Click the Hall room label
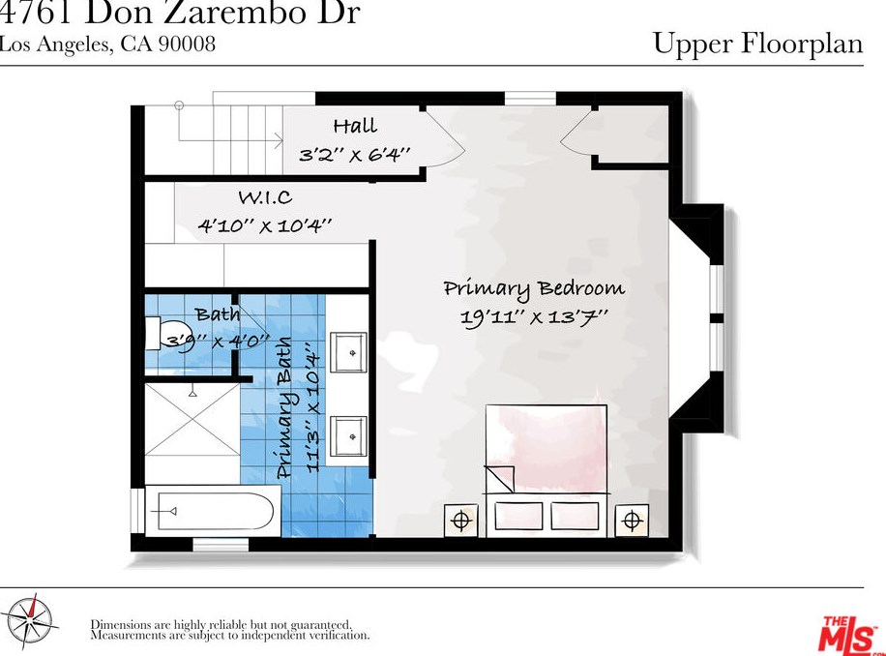click(355, 126)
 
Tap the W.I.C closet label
click(265, 197)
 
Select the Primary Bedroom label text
click(534, 288)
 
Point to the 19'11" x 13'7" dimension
click(534, 316)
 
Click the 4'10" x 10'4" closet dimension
click(264, 225)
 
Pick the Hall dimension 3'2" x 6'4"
click(354, 154)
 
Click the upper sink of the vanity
click(348, 352)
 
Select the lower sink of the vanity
click(348, 436)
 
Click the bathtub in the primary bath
click(214, 512)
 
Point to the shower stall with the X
click(192, 419)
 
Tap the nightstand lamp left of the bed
click(461, 520)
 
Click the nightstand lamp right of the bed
click(632, 520)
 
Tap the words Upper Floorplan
click(758, 44)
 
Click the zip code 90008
click(187, 45)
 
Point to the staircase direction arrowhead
click(279, 140)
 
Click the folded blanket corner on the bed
click(499, 479)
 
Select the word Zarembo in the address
click(234, 13)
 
